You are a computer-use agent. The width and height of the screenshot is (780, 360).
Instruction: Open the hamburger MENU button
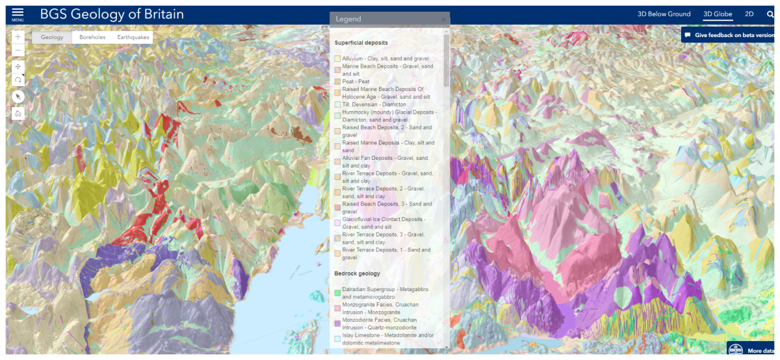[18, 14]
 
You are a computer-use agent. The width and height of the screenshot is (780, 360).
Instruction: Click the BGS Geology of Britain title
[112, 14]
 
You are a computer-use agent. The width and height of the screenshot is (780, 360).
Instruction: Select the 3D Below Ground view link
[664, 14]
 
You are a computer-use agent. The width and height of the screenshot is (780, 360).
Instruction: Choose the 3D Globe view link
[718, 14]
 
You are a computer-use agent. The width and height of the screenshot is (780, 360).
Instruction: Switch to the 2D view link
[749, 14]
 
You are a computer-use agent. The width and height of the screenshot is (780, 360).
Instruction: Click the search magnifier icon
[771, 14]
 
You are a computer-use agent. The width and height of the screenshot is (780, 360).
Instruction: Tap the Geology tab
[52, 37]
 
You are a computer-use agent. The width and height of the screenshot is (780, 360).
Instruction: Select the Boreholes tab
[92, 37]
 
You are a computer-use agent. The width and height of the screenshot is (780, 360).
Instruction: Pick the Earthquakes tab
[133, 37]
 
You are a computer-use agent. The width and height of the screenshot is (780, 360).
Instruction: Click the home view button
[18, 114]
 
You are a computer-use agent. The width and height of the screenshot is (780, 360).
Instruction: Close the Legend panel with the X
[444, 19]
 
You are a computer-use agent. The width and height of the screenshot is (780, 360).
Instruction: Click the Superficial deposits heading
[361, 43]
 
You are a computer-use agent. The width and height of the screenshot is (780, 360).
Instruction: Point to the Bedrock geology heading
[357, 274]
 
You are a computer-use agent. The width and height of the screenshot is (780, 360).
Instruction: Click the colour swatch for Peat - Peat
[337, 82]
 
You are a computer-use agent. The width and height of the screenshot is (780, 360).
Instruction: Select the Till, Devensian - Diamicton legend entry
[374, 105]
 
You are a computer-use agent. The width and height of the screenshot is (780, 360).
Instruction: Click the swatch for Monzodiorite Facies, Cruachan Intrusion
[337, 323]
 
